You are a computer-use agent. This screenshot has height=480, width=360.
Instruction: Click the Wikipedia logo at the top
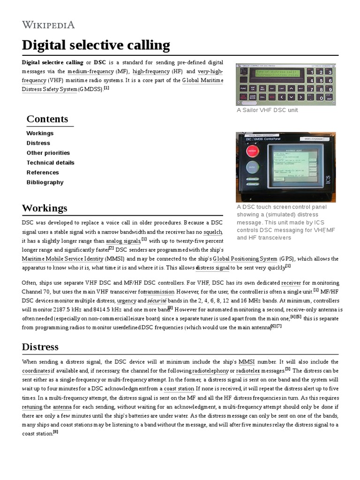pyautogui.click(x=48, y=25)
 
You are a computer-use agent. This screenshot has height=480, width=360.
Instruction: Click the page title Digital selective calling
pyautogui.click(x=96, y=45)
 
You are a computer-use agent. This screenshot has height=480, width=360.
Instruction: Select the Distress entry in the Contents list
pyautogui.click(x=38, y=143)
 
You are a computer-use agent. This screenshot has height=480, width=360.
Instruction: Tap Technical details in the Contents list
pyautogui.click(x=50, y=163)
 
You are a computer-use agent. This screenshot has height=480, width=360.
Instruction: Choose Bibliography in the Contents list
pyautogui.click(x=45, y=182)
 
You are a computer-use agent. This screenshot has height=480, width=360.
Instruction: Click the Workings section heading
pyautogui.click(x=45, y=208)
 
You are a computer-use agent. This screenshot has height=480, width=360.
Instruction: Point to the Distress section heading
pyautogui.click(x=40, y=347)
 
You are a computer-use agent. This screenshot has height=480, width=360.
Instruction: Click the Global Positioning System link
pyautogui.click(x=245, y=259)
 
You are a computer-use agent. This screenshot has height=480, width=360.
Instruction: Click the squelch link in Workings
pyautogui.click(x=212, y=232)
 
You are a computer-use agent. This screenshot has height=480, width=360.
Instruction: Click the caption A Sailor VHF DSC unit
pyautogui.click(x=267, y=110)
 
